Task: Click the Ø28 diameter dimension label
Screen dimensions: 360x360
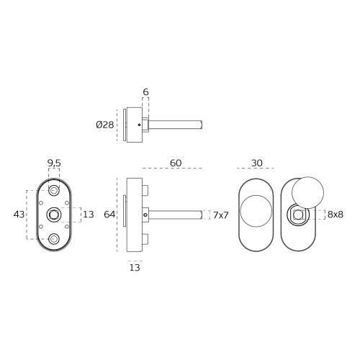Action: click(x=105, y=125)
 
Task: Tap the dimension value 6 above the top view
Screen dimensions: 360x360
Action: click(x=145, y=92)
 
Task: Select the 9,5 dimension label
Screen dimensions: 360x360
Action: click(x=54, y=163)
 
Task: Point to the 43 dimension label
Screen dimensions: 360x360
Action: click(x=19, y=215)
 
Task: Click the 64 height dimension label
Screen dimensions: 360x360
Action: click(x=109, y=215)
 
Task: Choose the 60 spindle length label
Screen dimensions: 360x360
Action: click(x=176, y=163)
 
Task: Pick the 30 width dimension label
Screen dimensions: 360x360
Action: click(x=257, y=163)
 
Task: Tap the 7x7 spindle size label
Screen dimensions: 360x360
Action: click(x=220, y=215)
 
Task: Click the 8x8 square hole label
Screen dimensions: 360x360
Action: click(x=336, y=215)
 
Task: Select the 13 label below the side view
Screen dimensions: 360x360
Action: click(x=135, y=267)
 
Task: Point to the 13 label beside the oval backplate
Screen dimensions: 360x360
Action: click(x=89, y=215)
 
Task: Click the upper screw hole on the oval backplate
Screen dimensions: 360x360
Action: click(x=54, y=191)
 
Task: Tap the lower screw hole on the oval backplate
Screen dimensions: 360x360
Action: click(x=54, y=239)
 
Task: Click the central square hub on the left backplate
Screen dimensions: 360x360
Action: click(x=54, y=215)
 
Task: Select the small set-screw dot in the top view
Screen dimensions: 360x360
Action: click(x=139, y=125)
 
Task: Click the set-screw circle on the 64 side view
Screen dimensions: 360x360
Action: click(x=145, y=215)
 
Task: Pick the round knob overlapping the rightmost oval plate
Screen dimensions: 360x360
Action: click(x=307, y=193)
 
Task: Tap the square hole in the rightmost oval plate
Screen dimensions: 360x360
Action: click(x=298, y=215)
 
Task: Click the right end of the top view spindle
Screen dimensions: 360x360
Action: click(x=202, y=125)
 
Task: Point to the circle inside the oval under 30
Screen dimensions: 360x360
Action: click(x=240, y=211)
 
